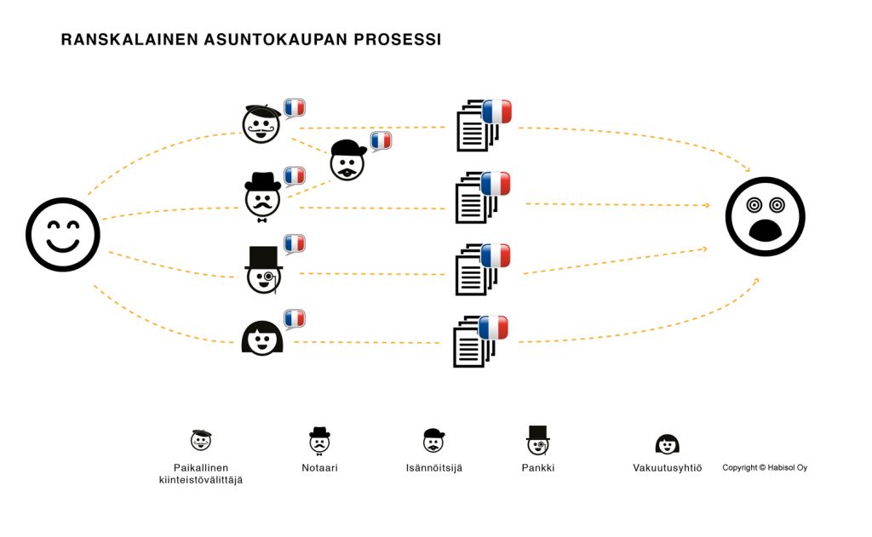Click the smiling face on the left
[x=63, y=235]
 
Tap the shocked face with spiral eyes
[x=765, y=216]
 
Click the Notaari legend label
[x=319, y=468]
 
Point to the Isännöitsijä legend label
[x=434, y=468]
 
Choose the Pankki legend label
[x=538, y=468]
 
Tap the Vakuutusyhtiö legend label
[x=667, y=468]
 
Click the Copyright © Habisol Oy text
[x=765, y=467]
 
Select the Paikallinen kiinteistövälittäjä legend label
[x=201, y=474]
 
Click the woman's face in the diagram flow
[x=262, y=338]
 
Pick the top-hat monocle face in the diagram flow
[x=264, y=270]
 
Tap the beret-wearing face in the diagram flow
[x=261, y=123]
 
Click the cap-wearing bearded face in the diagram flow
[x=347, y=160]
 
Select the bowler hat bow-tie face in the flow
[x=262, y=197]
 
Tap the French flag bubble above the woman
[x=294, y=319]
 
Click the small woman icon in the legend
[x=667, y=444]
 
